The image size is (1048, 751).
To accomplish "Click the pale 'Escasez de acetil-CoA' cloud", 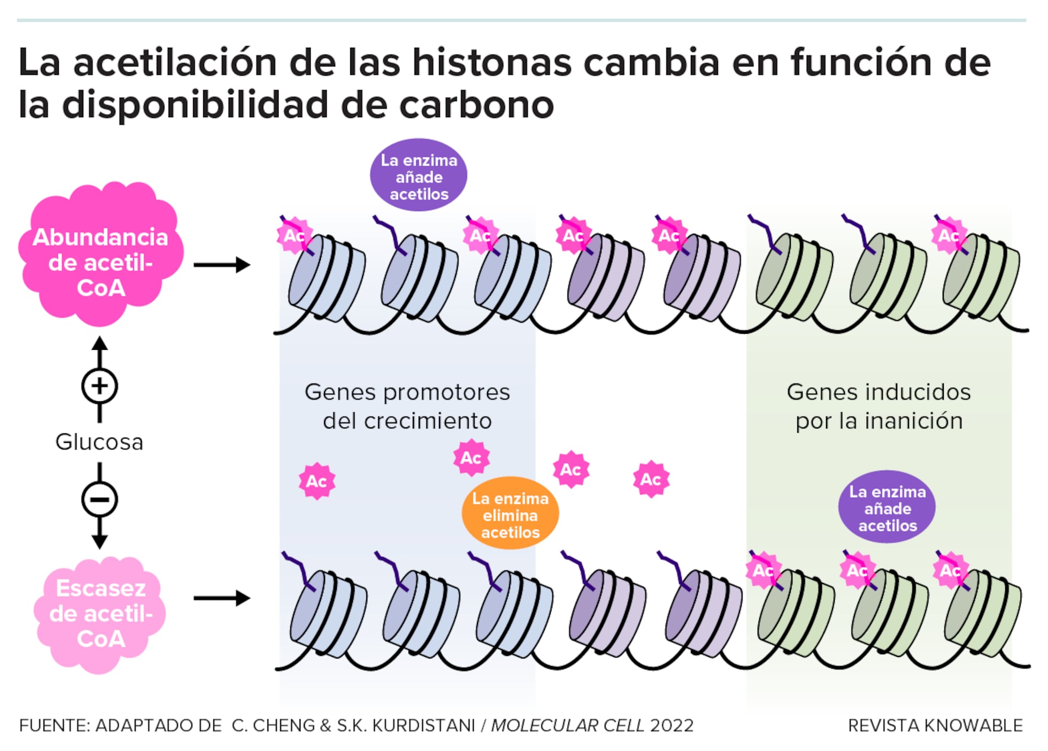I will tap(101, 614).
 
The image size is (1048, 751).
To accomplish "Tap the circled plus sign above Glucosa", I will tap(99, 386).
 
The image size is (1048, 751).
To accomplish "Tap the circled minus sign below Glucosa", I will tap(99, 500).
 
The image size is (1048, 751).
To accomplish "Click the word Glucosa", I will tap(99, 442).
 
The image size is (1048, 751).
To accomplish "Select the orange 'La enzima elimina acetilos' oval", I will tap(510, 515).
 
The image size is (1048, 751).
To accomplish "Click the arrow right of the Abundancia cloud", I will tap(221, 265).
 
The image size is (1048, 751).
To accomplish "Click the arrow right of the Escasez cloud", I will tap(221, 598).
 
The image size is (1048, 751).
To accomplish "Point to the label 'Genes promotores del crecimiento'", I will tap(407, 407).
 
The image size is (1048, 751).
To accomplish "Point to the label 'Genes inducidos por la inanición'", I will tap(879, 407).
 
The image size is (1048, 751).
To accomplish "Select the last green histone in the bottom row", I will tap(983, 612).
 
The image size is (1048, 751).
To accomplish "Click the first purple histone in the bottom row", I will tap(607, 612).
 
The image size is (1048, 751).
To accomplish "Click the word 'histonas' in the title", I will tap(491, 63).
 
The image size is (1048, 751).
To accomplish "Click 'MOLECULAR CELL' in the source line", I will tap(567, 726).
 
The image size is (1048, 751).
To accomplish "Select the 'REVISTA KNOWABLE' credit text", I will tap(935, 726).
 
